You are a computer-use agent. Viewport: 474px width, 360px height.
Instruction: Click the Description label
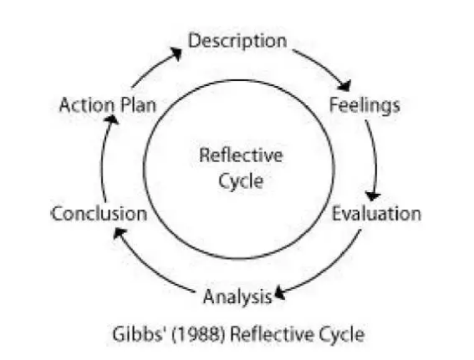click(237, 42)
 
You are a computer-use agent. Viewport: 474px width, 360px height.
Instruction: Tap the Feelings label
click(364, 106)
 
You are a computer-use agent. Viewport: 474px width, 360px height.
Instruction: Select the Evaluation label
click(376, 214)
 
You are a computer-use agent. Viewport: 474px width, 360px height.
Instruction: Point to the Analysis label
click(237, 297)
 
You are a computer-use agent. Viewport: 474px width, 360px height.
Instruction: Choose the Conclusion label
click(99, 214)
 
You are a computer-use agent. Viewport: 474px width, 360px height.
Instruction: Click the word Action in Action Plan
click(87, 105)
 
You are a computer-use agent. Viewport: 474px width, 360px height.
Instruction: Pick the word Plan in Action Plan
click(139, 105)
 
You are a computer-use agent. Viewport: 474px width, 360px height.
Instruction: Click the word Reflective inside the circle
click(241, 155)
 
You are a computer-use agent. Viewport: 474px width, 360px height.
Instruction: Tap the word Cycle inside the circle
click(241, 182)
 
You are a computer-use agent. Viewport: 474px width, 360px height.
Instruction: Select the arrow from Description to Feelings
click(326, 66)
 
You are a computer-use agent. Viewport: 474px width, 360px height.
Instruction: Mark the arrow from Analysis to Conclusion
click(145, 265)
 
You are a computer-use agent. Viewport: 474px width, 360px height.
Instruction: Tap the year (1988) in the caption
click(198, 335)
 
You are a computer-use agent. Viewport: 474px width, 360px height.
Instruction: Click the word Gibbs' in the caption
click(140, 335)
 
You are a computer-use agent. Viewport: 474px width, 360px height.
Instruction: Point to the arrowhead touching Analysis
click(279, 293)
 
